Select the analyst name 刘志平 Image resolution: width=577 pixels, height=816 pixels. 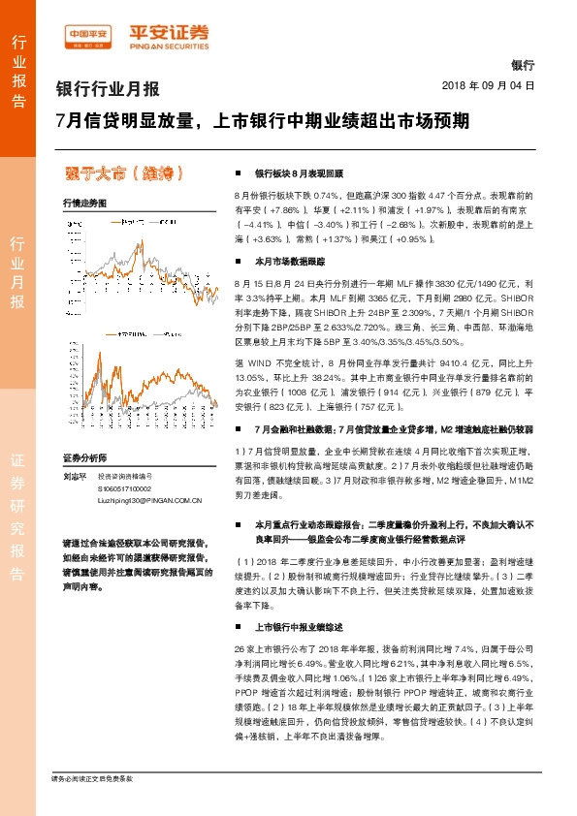pyautogui.click(x=74, y=476)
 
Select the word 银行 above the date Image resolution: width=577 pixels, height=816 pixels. pyautogui.click(x=522, y=66)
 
